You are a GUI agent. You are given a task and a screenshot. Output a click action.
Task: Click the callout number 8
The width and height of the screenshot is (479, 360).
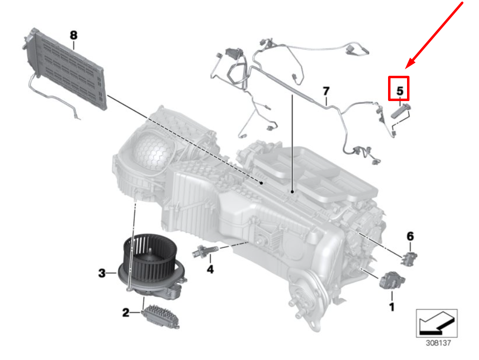tap(73, 35)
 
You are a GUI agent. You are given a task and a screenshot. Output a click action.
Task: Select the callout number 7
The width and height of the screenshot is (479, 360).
tap(326, 91)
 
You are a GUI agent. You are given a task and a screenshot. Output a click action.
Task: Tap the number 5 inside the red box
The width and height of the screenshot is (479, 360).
tap(399, 90)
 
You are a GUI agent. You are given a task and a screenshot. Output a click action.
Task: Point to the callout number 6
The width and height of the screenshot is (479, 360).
tap(410, 236)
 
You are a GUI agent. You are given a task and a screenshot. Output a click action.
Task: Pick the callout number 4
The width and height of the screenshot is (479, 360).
tap(210, 269)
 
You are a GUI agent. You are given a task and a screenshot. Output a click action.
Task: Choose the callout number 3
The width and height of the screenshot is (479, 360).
tap(102, 274)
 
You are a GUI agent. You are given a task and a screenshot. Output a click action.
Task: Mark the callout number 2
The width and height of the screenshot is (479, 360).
tap(126, 313)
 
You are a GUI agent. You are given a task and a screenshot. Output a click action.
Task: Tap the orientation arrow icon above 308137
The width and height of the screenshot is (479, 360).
tap(436, 322)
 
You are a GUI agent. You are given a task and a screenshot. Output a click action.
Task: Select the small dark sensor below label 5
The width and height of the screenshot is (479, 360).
tap(401, 113)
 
